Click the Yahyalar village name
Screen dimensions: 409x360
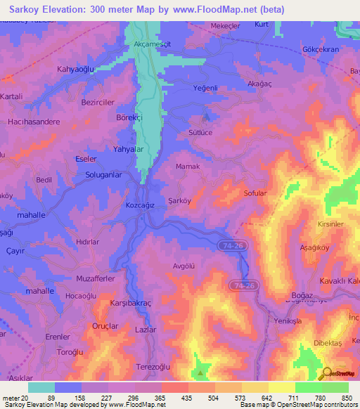(x=128, y=149)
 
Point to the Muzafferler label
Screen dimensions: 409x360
(x=95, y=278)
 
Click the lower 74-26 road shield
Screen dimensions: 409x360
(x=243, y=285)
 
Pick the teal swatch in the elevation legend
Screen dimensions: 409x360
(x=41, y=387)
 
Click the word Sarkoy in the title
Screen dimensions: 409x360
(x=23, y=10)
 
